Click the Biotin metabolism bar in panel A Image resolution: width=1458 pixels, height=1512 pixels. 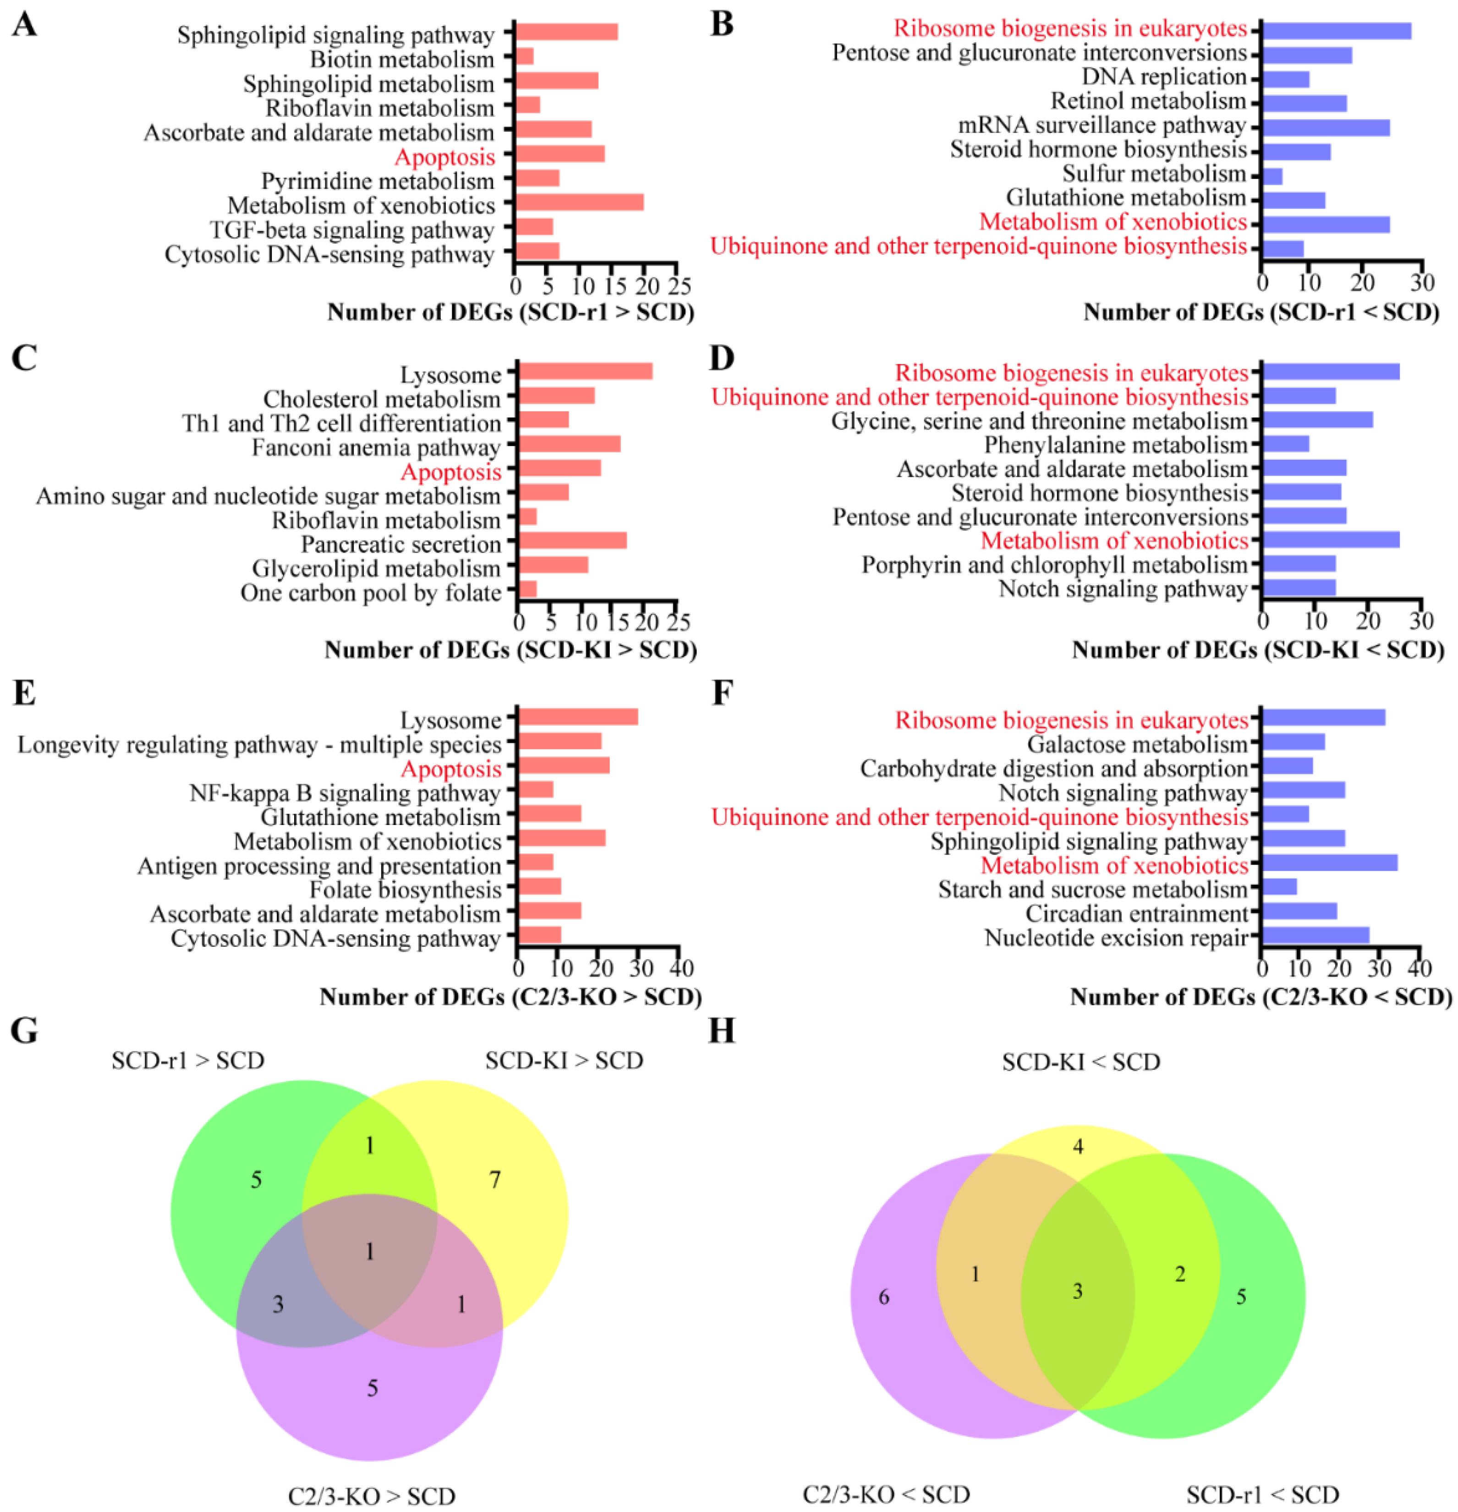[x=525, y=56]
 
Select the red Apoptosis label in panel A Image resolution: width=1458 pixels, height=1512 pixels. [x=444, y=157]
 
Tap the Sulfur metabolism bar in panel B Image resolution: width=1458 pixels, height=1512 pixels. [x=1272, y=176]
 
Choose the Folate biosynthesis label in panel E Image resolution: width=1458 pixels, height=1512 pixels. [x=405, y=890]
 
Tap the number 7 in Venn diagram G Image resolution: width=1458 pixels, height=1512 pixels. [x=495, y=1180]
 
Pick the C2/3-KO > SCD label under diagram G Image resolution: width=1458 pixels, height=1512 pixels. [x=371, y=1496]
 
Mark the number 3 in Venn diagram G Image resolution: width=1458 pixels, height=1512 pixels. [x=279, y=1304]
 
